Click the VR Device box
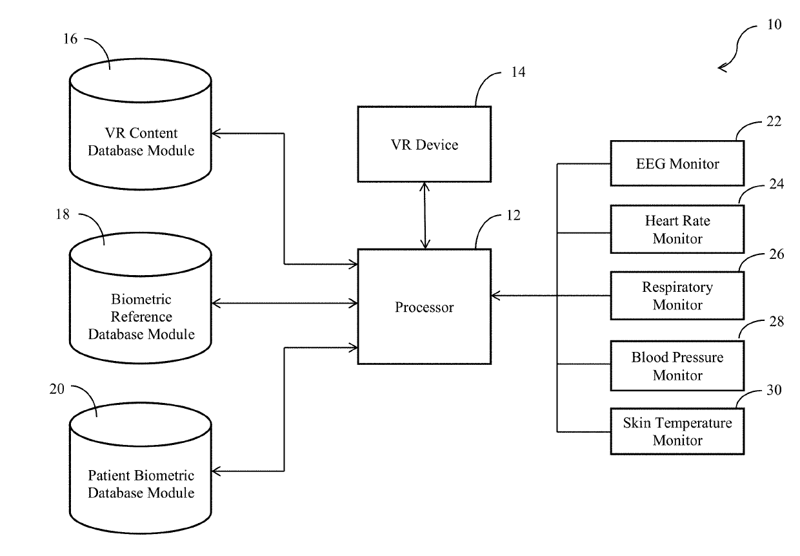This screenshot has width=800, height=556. pyautogui.click(x=425, y=144)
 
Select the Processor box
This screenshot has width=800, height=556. pyautogui.click(x=425, y=307)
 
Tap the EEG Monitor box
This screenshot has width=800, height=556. pyautogui.click(x=677, y=163)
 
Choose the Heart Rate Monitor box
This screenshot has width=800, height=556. pyautogui.click(x=677, y=229)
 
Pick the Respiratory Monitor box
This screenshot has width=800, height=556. pyautogui.click(x=677, y=296)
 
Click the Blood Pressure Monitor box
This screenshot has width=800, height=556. pyautogui.click(x=677, y=366)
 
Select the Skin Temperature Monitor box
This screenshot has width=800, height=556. pyautogui.click(x=677, y=431)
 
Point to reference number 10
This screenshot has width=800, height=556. pyautogui.click(x=774, y=25)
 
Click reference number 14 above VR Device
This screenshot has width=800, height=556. pyautogui.click(x=518, y=72)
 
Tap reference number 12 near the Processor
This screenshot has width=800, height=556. pyautogui.click(x=514, y=215)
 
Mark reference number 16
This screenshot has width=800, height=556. pyautogui.click(x=70, y=39)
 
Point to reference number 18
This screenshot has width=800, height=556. pyautogui.click(x=62, y=214)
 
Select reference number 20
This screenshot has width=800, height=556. pyautogui.click(x=57, y=389)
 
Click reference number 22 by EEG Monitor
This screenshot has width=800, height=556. pyautogui.click(x=774, y=121)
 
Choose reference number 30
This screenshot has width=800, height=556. pyautogui.click(x=774, y=390)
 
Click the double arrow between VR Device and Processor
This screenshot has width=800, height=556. pyautogui.click(x=425, y=216)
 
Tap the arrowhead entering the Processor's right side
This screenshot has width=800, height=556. pyautogui.click(x=495, y=296)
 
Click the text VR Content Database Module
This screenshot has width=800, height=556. pyautogui.click(x=141, y=141)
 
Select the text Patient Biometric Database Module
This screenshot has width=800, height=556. pyautogui.click(x=141, y=484)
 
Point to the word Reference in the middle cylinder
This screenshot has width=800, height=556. pyautogui.click(x=141, y=316)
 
